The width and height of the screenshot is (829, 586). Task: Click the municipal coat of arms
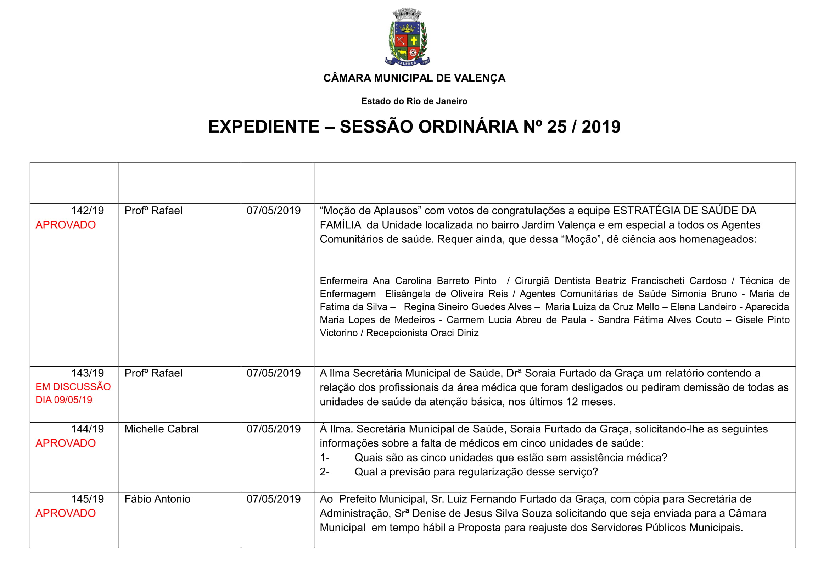[407, 37]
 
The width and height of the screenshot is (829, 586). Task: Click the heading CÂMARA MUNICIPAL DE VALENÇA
[414, 78]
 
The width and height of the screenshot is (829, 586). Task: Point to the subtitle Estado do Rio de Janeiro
[414, 101]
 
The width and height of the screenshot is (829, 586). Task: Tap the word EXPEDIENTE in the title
[264, 127]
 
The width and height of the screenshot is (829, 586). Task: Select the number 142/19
[88, 211]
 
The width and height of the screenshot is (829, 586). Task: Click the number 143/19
[88, 373]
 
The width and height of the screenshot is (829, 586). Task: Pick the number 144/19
[88, 429]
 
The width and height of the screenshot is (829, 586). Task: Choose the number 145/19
[88, 499]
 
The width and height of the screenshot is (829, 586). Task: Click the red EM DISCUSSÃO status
[73, 387]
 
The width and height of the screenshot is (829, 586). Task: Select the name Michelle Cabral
[161, 429]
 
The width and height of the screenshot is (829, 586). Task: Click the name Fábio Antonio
[157, 499]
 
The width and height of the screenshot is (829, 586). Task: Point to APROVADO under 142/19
[65, 225]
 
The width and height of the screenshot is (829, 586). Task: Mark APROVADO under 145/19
[65, 513]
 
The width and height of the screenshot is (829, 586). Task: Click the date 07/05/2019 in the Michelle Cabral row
[273, 429]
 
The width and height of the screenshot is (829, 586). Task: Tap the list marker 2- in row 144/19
[325, 472]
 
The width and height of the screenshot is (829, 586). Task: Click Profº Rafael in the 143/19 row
[153, 373]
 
